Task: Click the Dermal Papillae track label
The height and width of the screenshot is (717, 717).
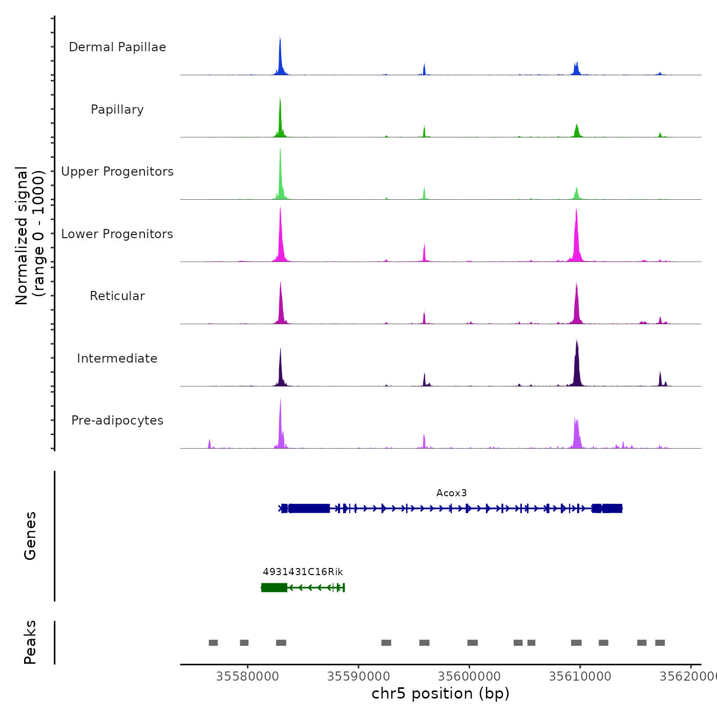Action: click(117, 47)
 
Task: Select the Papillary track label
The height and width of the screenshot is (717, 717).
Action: click(117, 110)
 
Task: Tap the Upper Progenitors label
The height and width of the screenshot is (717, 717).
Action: click(117, 172)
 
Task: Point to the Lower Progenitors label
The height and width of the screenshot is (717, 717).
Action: click(117, 234)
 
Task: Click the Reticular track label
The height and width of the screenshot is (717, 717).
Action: click(117, 296)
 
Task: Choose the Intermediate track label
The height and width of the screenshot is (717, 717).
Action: click(117, 358)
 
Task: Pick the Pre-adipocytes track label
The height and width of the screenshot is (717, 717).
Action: click(117, 420)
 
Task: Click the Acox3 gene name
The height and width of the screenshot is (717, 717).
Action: click(451, 493)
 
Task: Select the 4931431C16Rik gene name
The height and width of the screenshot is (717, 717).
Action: click(303, 572)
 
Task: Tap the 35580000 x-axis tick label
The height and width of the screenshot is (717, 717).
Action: click(247, 677)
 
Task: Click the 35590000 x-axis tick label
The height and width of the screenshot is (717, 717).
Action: click(358, 677)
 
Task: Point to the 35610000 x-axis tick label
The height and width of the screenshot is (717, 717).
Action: click(580, 677)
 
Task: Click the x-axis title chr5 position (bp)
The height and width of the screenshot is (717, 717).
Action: click(440, 694)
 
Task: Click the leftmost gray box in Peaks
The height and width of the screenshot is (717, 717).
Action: click(213, 643)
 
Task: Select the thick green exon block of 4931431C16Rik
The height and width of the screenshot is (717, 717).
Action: click(274, 587)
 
